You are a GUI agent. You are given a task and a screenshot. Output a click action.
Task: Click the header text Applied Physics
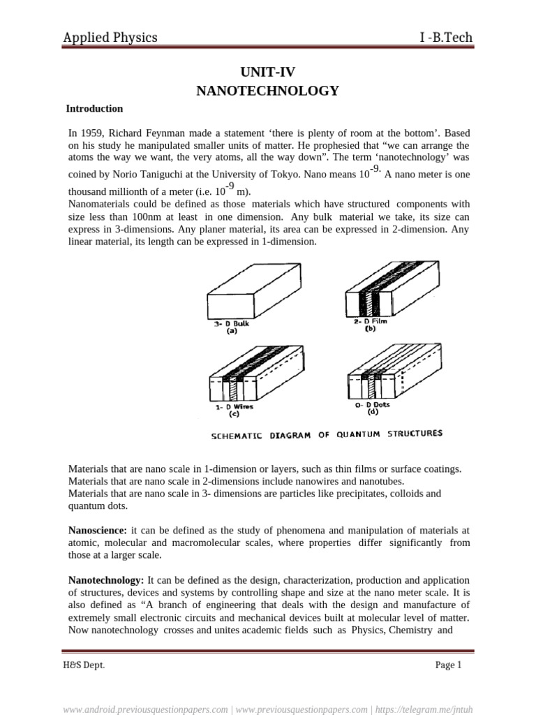(110, 38)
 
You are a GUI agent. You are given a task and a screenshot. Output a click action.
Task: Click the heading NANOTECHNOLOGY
(269, 91)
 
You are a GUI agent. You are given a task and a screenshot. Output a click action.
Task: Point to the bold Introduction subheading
(94, 109)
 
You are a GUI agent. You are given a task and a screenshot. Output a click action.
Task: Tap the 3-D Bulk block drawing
(255, 290)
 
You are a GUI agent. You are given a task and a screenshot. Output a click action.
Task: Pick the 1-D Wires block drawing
(255, 376)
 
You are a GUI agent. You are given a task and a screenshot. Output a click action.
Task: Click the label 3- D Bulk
(232, 324)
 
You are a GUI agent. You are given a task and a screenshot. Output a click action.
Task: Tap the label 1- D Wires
(234, 407)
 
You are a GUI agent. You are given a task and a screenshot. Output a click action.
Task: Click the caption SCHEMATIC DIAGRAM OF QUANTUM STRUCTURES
(327, 434)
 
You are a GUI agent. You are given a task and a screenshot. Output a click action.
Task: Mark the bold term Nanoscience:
(97, 531)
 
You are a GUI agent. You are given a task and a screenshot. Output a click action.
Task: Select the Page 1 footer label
(448, 665)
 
